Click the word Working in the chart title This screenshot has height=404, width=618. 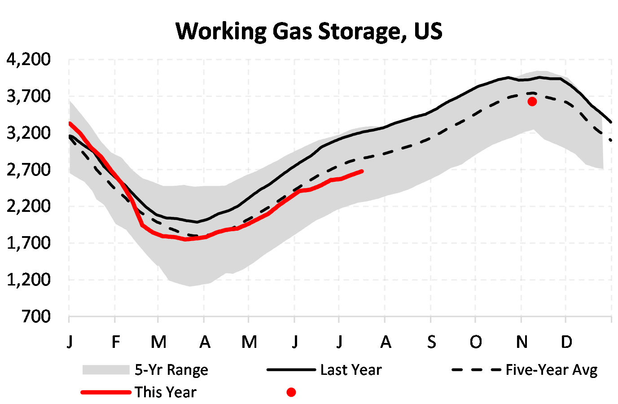click(x=221, y=31)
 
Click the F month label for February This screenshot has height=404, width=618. click(x=115, y=342)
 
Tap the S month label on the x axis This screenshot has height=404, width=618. click(x=431, y=342)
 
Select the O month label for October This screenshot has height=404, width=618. click(x=476, y=342)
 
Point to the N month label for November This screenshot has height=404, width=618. click(x=522, y=342)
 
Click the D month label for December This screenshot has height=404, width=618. click(x=566, y=342)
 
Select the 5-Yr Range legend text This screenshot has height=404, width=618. click(x=171, y=370)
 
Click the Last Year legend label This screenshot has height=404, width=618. click(x=351, y=370)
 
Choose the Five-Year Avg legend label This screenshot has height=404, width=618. click(x=552, y=370)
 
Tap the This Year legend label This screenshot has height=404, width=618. click(x=165, y=392)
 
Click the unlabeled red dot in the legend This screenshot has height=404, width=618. click(x=291, y=392)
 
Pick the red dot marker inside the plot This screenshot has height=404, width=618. click(x=532, y=101)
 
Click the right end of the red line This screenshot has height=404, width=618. click(x=362, y=171)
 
